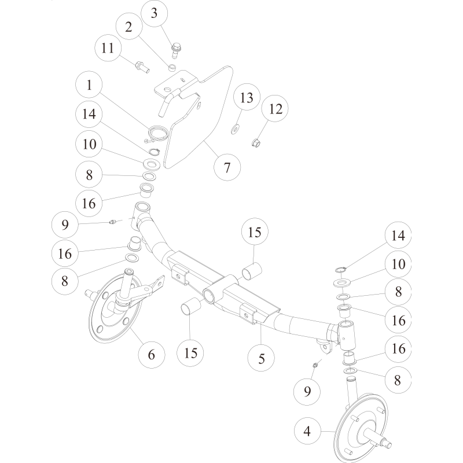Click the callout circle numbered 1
click(90, 85)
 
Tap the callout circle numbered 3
click(153, 13)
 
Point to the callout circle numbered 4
click(307, 431)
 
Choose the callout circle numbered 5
click(262, 358)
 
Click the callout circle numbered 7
click(227, 168)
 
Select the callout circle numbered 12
click(275, 108)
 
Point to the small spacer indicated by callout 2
click(172, 68)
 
